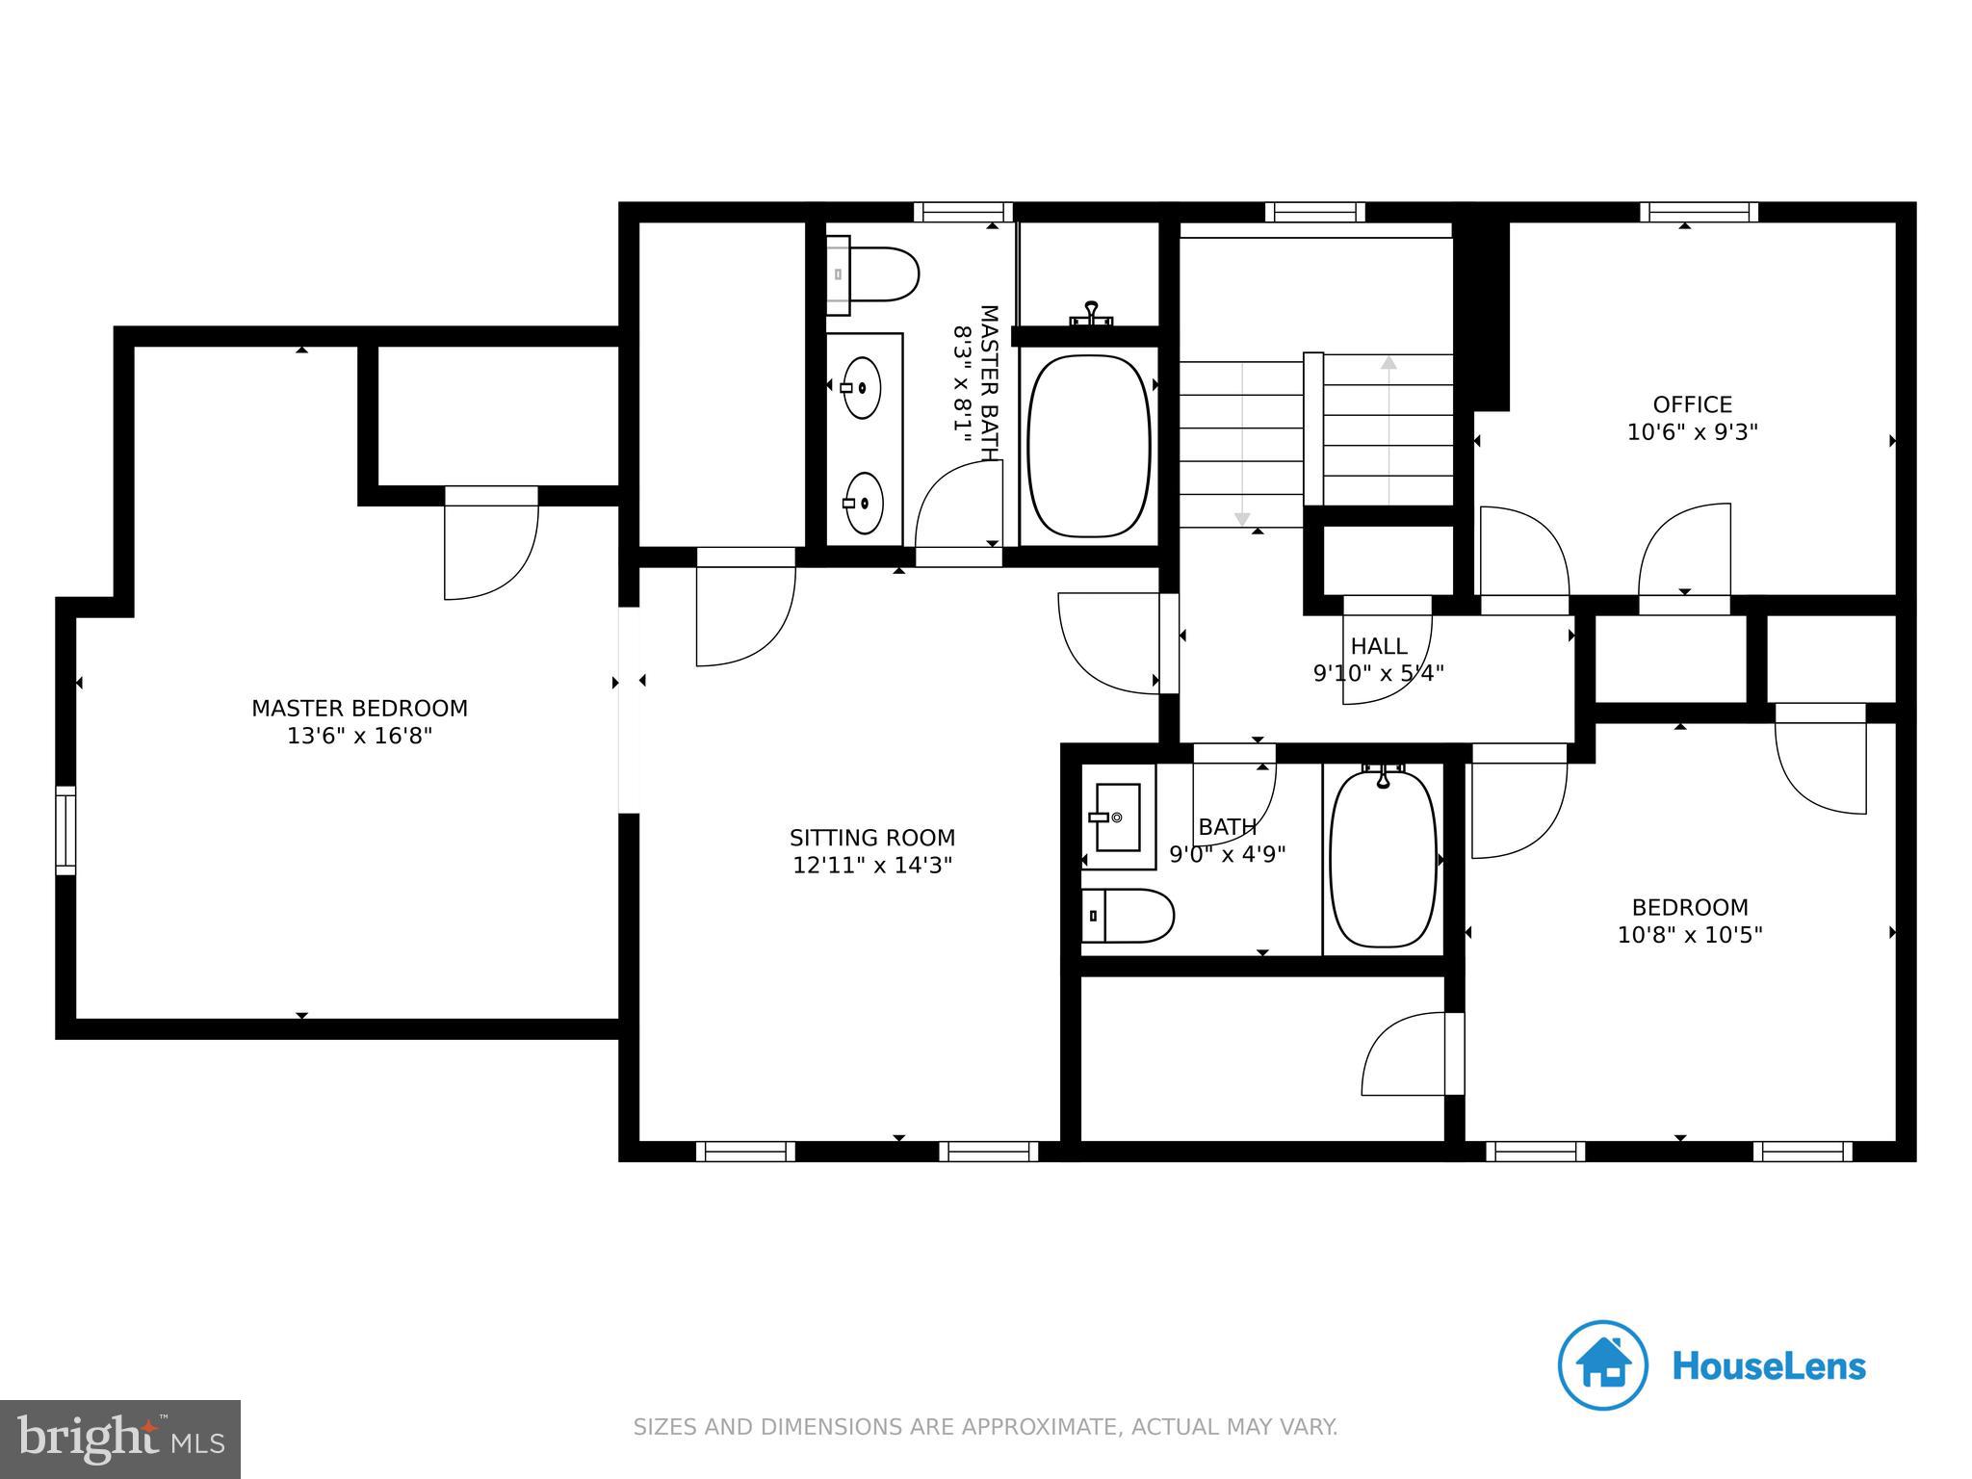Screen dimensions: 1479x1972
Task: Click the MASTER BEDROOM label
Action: click(359, 709)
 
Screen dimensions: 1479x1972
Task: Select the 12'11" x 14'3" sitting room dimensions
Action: click(872, 866)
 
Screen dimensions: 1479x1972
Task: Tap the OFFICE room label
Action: click(1692, 404)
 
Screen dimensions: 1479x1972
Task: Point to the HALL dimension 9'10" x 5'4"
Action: click(1378, 673)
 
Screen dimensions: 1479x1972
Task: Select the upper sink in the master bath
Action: click(862, 387)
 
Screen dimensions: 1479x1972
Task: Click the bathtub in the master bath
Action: click(1088, 447)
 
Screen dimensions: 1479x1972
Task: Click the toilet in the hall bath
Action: click(1129, 916)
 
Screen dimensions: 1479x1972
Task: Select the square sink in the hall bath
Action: click(1118, 818)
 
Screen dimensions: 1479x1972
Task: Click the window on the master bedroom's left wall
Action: click(65, 830)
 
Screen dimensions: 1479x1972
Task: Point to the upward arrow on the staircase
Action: click(1388, 364)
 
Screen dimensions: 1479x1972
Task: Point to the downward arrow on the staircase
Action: click(1242, 519)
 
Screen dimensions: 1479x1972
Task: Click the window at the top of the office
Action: click(1699, 212)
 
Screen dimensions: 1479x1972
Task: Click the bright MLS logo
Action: click(119, 1439)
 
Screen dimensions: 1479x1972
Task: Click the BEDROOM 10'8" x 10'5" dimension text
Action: click(1689, 935)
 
